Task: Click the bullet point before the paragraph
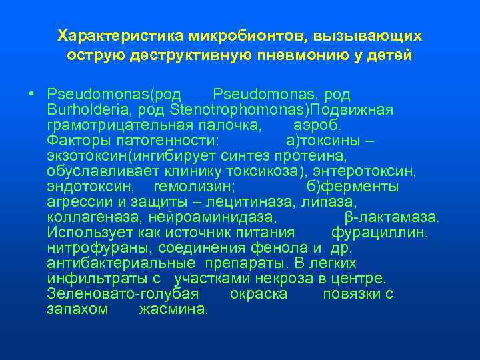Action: click(32, 94)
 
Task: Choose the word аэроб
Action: click(317, 125)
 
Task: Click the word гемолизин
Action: click(193, 187)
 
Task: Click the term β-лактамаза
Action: click(392, 217)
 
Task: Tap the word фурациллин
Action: click(379, 233)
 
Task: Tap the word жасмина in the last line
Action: click(173, 309)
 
